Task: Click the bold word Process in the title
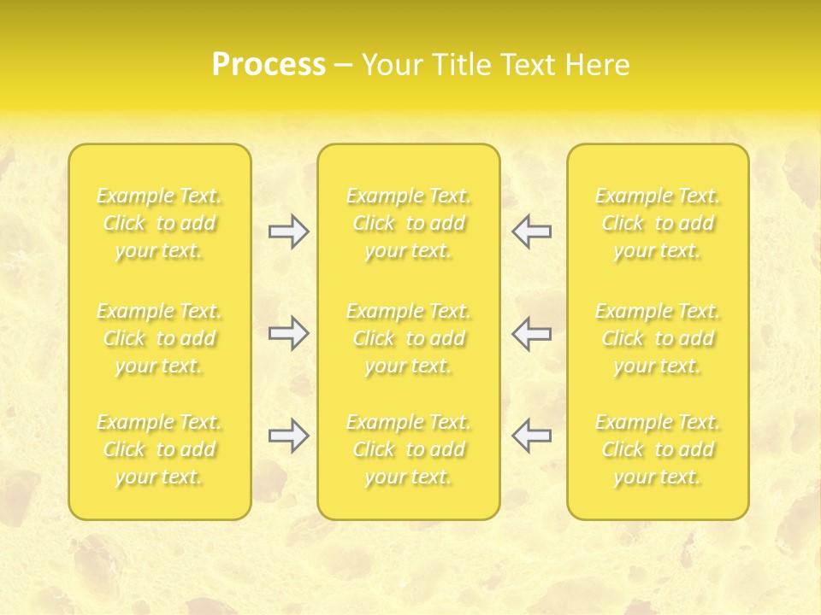point(269,65)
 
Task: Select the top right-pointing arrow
point(288,231)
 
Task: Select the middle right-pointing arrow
point(288,333)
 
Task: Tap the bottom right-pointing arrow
point(288,436)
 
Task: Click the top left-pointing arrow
point(532,231)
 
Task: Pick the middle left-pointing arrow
point(532,333)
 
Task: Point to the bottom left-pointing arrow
point(532,436)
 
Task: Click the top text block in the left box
point(159,223)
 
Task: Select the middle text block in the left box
point(159,338)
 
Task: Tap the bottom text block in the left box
point(159,449)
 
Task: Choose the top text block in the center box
point(409,223)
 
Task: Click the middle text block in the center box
point(409,338)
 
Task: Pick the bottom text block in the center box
point(409,449)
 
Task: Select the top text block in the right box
point(658,223)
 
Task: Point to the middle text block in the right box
point(658,338)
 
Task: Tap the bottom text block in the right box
point(658,449)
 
